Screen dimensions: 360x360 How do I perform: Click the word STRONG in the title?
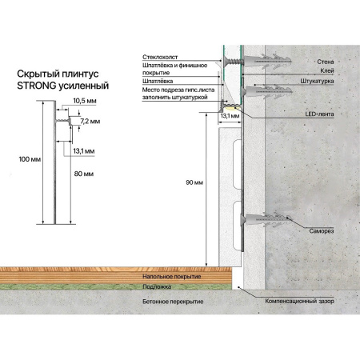(x=37, y=86)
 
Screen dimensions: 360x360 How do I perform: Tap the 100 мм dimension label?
(x=30, y=159)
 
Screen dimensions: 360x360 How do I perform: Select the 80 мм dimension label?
(x=84, y=174)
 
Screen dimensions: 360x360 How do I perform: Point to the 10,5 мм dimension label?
(x=85, y=101)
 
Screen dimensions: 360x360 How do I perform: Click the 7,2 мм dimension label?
(x=90, y=122)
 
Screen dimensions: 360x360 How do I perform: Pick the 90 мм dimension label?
(x=194, y=182)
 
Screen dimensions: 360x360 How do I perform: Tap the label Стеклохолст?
(x=160, y=57)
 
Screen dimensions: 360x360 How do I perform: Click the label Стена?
(x=326, y=62)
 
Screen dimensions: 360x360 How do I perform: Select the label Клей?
(x=327, y=71)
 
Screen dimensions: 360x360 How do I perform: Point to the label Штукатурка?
(x=317, y=81)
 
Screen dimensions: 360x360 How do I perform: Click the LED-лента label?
(x=319, y=114)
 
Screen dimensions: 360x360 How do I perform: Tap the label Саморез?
(x=322, y=231)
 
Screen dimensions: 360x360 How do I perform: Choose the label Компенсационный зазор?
(x=299, y=301)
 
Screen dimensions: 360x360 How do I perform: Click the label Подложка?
(x=157, y=287)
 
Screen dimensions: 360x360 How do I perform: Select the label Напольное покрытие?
(x=172, y=277)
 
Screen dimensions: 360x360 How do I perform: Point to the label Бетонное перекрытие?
(x=173, y=302)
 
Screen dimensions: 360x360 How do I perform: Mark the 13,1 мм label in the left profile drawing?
(x=84, y=151)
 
